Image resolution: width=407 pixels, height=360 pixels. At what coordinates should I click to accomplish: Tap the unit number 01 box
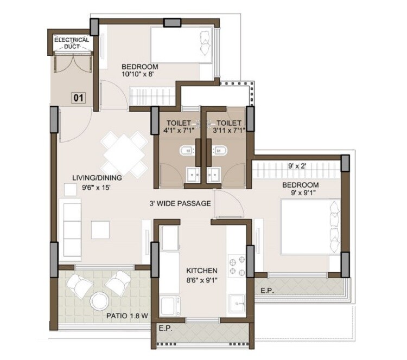click(79, 98)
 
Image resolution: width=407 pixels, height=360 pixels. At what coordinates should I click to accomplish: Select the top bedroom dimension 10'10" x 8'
click(138, 75)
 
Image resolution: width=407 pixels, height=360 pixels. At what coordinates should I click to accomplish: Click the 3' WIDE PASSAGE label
click(181, 204)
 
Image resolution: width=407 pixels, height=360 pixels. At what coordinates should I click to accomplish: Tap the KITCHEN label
click(202, 270)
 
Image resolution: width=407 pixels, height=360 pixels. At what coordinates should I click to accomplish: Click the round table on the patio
click(100, 300)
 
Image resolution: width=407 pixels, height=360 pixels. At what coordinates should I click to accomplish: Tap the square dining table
click(125, 154)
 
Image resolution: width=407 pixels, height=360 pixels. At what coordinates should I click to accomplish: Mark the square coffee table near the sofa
click(101, 229)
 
